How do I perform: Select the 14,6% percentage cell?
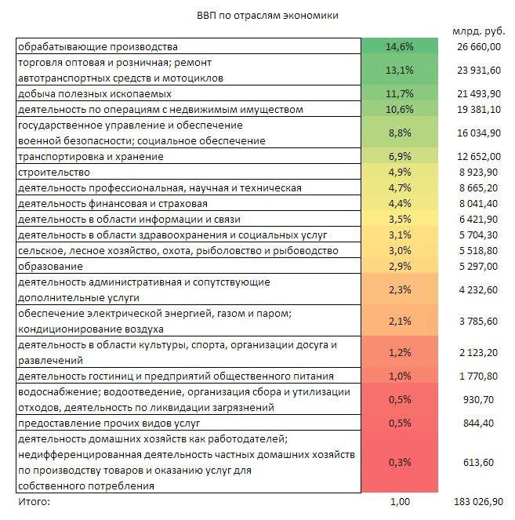[x=399, y=47]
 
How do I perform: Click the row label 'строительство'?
[x=53, y=172]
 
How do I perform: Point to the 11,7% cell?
[x=399, y=94]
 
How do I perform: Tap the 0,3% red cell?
[x=399, y=462]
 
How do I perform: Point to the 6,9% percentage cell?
[x=399, y=157]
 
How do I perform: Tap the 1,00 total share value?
[x=400, y=501]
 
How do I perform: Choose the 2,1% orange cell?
[x=399, y=321]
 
